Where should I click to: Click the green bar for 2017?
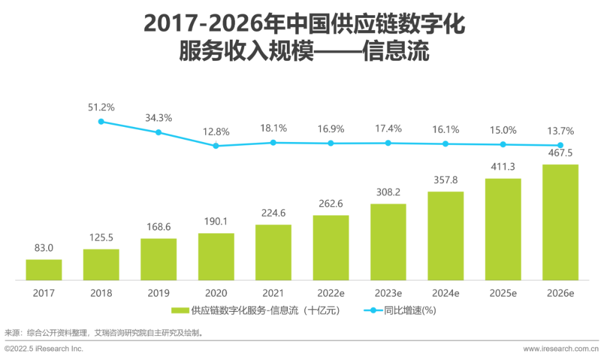click(44, 269)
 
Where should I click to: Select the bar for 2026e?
click(560, 222)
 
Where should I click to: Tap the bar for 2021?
click(273, 252)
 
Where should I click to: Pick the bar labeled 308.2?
click(388, 241)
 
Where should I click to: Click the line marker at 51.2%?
click(101, 121)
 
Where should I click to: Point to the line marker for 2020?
click(216, 146)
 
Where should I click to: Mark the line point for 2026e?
click(560, 145)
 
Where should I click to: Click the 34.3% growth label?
click(158, 118)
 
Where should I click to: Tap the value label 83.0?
click(44, 248)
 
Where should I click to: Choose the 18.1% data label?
click(273, 129)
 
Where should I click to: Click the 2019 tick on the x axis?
click(158, 293)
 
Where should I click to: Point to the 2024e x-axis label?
click(446, 293)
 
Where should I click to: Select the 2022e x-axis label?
click(331, 293)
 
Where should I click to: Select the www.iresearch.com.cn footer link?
click(560, 349)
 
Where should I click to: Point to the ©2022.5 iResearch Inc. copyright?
click(44, 349)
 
